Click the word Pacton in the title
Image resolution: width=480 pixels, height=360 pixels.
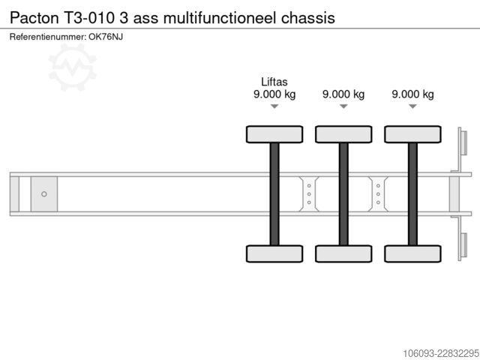click(34, 18)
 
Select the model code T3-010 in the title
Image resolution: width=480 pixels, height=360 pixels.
click(88, 18)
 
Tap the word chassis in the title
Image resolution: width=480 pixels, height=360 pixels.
click(308, 18)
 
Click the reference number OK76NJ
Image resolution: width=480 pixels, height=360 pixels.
click(106, 37)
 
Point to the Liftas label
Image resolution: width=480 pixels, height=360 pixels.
click(274, 82)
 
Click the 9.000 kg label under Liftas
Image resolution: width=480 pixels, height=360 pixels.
click(274, 94)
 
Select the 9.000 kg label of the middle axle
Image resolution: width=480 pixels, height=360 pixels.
click(343, 94)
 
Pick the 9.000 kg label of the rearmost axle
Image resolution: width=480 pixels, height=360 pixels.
click(412, 94)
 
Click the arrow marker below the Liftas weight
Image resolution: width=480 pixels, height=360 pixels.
click(274, 106)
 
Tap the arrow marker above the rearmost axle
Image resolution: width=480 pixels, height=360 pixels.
click(412, 106)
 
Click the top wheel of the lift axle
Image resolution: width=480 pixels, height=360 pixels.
click(274, 134)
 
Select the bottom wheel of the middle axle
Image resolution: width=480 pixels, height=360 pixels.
click(343, 253)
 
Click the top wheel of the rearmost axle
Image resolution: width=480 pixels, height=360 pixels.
click(412, 134)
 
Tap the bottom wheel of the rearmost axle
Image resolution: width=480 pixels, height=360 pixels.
click(412, 253)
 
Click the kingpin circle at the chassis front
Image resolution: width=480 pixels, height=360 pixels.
click(44, 194)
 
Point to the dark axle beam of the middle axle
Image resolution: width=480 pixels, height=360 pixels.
click(343, 194)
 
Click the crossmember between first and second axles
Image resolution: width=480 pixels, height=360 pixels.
click(309, 194)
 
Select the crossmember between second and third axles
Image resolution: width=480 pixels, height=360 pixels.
click(378, 194)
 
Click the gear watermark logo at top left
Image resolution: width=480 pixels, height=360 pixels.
click(73, 67)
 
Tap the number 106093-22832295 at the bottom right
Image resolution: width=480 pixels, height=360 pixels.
click(441, 353)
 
